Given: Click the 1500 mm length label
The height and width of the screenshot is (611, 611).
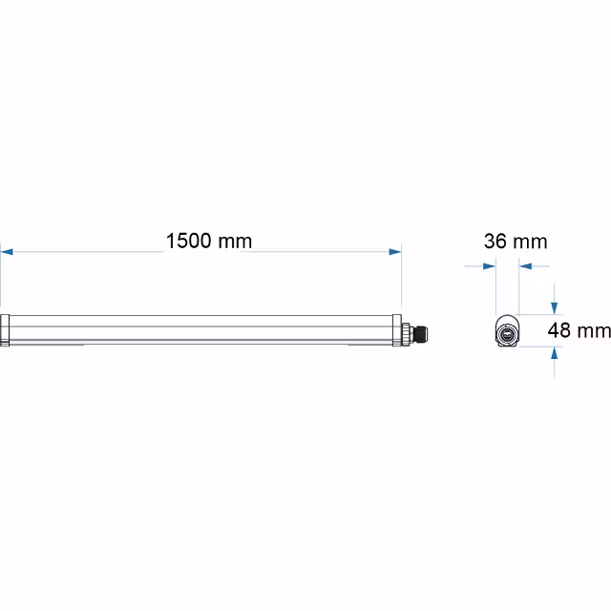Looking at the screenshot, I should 209,241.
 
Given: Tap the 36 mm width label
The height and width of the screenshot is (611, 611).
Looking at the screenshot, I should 516,241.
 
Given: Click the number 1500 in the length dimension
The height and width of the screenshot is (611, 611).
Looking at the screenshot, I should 190,241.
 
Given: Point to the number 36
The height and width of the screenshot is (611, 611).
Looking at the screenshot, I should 495,241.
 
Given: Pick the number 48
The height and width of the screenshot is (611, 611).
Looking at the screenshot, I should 559,331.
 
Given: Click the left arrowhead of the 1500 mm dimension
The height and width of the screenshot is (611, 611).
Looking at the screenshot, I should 7,252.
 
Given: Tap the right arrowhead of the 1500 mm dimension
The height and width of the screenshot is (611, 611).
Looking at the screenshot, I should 394,252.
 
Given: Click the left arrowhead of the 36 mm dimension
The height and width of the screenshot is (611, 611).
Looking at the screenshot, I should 491,265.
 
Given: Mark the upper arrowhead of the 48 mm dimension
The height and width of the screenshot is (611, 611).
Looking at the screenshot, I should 554,307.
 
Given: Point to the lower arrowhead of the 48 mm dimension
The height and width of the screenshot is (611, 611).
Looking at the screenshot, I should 554,353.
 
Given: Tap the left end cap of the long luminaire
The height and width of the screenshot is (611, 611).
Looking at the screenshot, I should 5,330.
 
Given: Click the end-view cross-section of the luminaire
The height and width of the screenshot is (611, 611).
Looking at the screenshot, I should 507,331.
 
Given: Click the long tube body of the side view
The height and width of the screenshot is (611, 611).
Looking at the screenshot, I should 200,330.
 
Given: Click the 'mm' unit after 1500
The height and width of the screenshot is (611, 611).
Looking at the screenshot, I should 235,241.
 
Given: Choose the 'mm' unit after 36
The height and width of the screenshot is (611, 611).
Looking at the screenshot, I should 531,241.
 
